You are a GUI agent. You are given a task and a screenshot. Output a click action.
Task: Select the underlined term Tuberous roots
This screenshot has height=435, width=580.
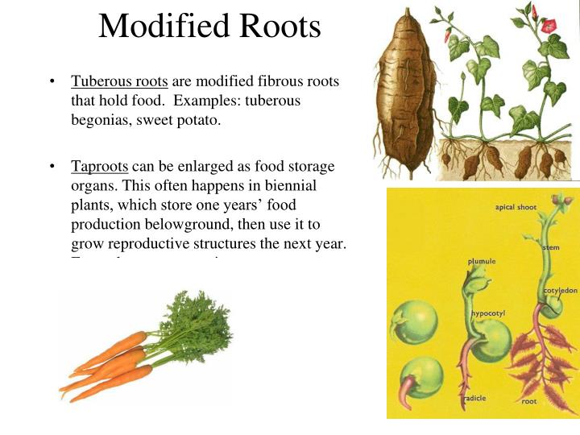pyautogui.click(x=119, y=81)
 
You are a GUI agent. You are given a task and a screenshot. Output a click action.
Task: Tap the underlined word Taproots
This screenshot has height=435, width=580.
pyautogui.click(x=99, y=167)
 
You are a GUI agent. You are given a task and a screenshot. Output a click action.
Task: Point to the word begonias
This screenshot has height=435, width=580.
pyautogui.click(x=101, y=120)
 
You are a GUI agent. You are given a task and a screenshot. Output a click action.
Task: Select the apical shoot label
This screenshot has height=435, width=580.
pyautogui.click(x=515, y=208)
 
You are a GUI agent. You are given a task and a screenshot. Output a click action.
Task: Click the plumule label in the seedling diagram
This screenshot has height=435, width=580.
pyautogui.click(x=481, y=261)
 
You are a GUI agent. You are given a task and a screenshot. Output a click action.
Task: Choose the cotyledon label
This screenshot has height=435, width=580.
pyautogui.click(x=559, y=290)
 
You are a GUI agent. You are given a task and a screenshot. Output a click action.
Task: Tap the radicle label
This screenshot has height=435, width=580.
pyautogui.click(x=474, y=398)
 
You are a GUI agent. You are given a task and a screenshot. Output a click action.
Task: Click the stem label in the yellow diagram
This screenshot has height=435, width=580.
pyautogui.click(x=551, y=246)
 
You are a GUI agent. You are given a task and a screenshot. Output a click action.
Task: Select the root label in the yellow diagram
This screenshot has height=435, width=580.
pyautogui.click(x=528, y=400)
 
